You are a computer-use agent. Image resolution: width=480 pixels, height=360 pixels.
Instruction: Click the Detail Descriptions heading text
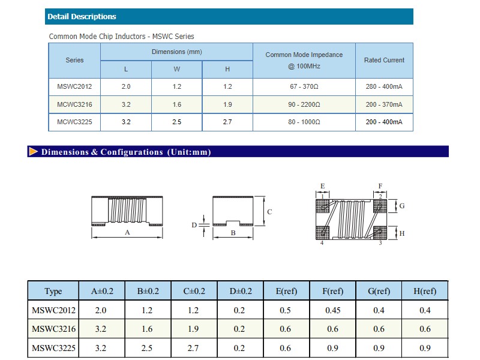tap(82, 17)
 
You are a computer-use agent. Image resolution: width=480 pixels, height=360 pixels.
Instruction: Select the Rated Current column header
tap(384, 60)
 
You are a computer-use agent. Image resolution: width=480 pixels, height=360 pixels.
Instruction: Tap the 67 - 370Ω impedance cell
tap(304, 86)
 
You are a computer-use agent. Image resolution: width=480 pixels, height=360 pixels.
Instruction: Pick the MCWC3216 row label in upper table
tap(74, 104)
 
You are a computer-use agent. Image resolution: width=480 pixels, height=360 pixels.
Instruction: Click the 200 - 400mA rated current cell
tap(384, 122)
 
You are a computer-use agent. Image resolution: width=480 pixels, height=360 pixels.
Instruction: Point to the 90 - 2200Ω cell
tap(304, 104)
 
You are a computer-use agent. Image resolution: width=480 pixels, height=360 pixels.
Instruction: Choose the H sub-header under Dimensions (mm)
tap(227, 69)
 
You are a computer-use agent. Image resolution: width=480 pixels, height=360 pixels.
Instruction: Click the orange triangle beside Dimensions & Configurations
tap(34, 152)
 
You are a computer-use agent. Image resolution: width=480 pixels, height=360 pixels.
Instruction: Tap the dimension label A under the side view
tap(127, 232)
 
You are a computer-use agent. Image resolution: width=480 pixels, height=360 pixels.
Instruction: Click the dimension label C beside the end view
tap(269, 212)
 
